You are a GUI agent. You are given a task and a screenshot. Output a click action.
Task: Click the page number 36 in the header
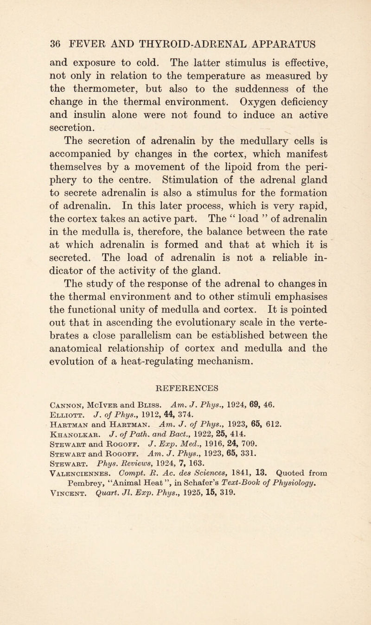(x=20, y=46)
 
